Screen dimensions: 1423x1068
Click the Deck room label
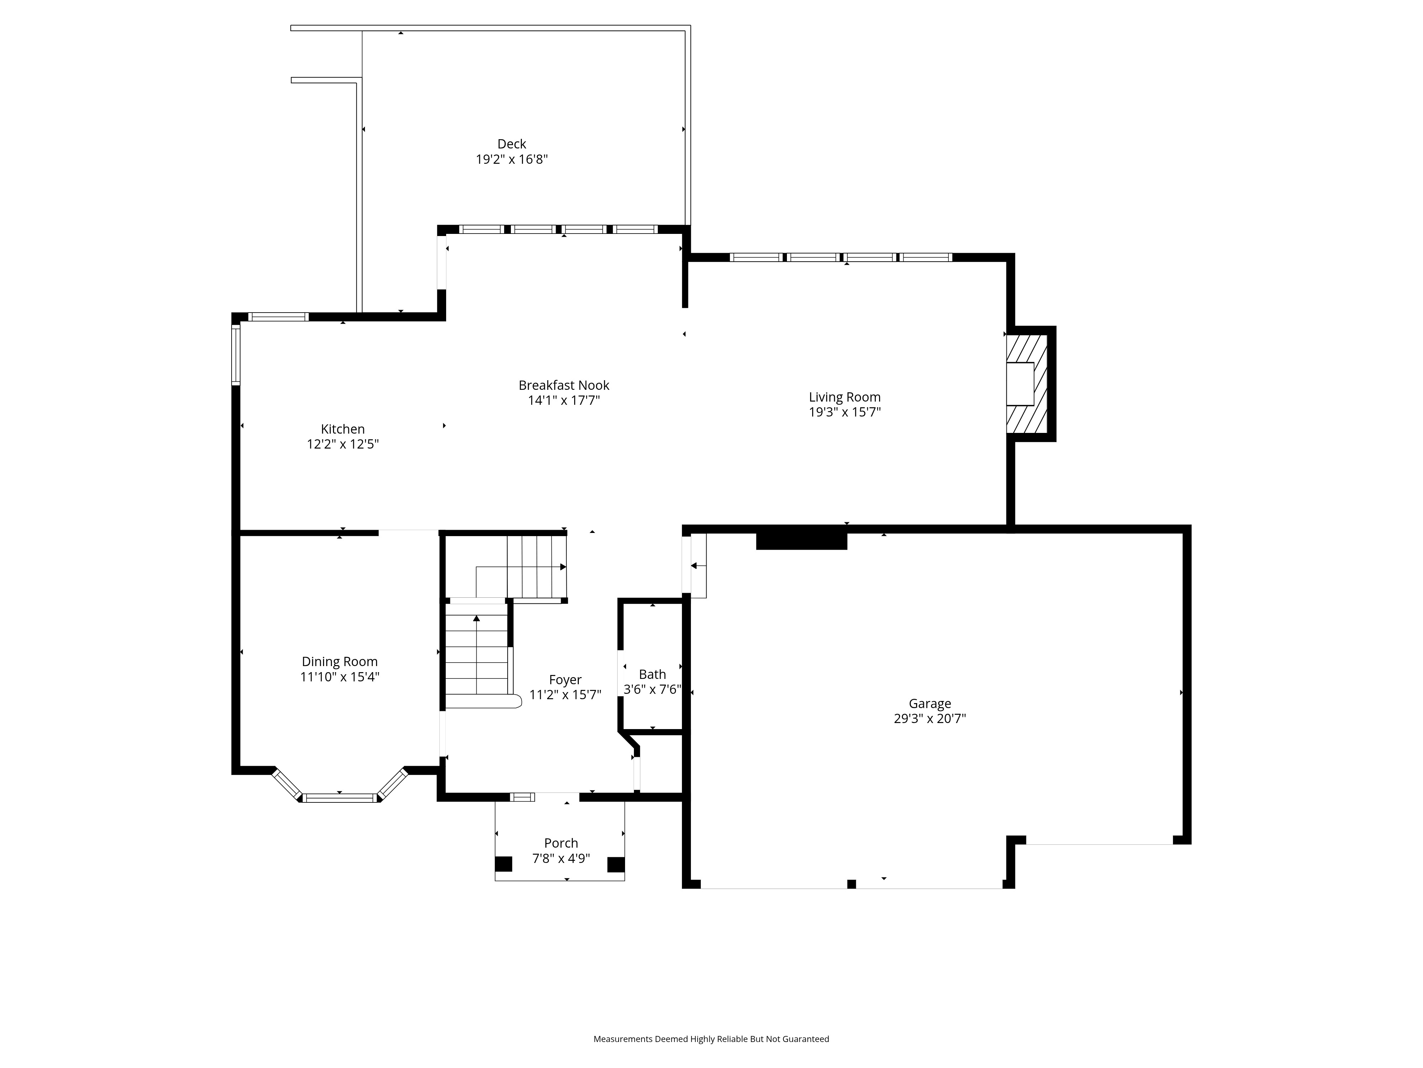point(512,144)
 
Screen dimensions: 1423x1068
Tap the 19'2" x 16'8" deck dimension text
point(512,159)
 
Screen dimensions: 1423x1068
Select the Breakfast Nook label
point(564,385)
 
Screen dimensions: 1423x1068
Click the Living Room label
point(844,397)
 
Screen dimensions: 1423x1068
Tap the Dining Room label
point(340,662)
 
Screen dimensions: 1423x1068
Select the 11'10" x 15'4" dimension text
point(340,677)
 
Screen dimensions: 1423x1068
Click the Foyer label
point(565,680)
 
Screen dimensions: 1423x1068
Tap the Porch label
point(561,843)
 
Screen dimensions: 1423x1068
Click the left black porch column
point(504,864)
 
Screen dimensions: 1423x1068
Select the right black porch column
point(616,864)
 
